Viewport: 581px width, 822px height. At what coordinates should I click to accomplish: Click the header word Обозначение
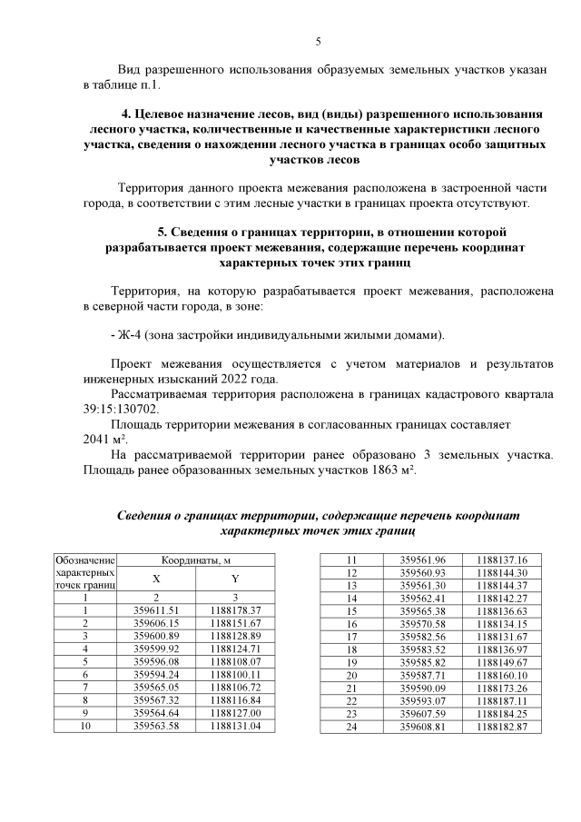pyautogui.click(x=85, y=561)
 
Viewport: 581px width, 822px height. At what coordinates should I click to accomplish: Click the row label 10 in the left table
pyautogui.click(x=85, y=727)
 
